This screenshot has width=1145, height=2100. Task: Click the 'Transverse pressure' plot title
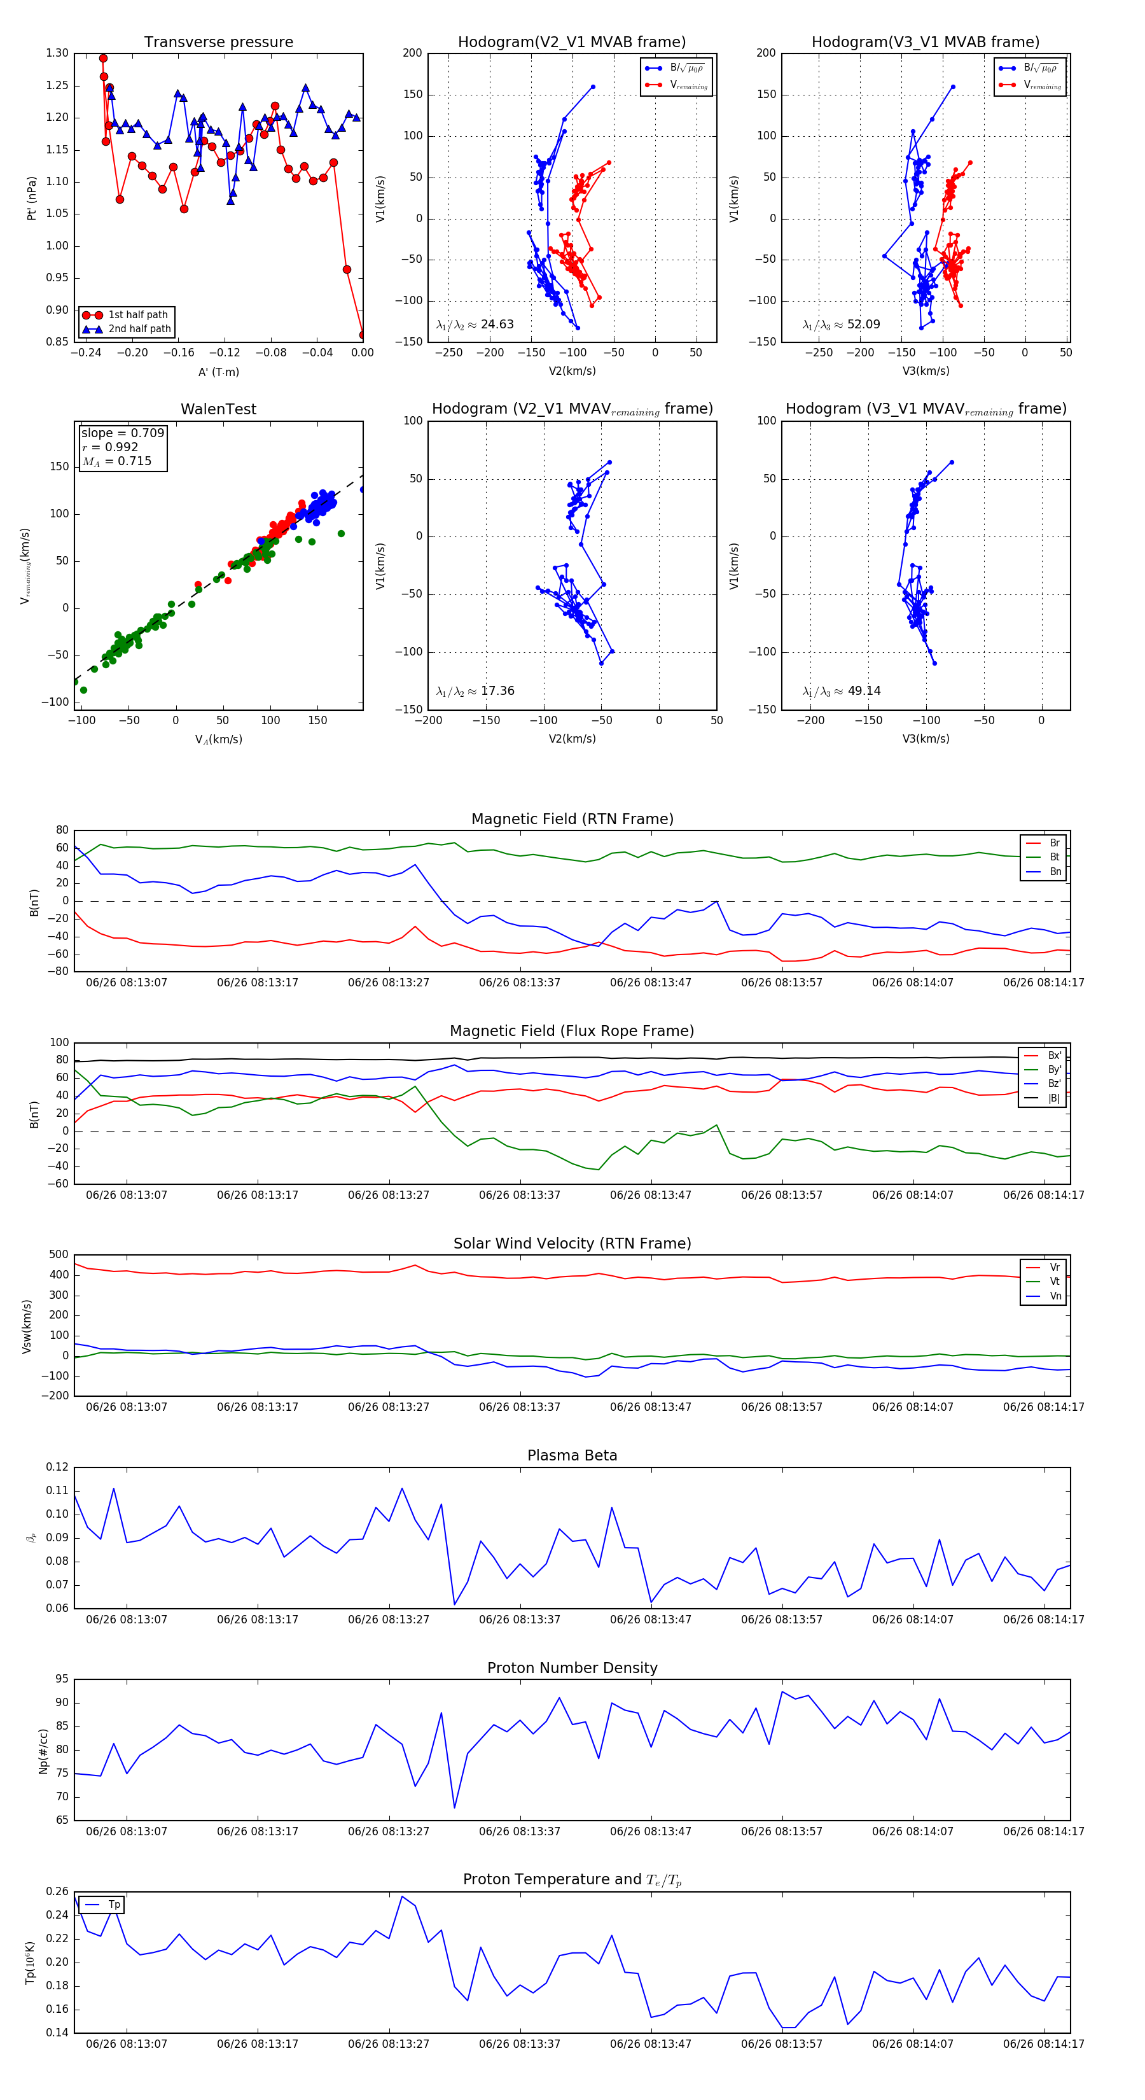coord(218,43)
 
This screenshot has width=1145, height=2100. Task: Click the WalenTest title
coord(218,409)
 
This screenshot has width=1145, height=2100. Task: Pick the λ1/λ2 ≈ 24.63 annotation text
coord(475,325)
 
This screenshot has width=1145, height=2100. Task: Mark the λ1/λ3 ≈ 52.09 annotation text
coord(841,325)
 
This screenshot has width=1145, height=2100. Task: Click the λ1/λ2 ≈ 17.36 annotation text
coord(475,691)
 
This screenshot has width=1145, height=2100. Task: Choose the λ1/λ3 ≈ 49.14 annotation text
coord(841,691)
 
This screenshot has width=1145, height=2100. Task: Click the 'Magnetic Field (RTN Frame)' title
coord(572,819)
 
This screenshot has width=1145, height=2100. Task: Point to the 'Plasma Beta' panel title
coord(572,1456)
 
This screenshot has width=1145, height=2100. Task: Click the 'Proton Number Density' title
coord(572,1668)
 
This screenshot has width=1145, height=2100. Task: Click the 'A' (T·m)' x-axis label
coord(218,372)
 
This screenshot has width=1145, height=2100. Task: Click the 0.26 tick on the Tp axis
coord(57,1891)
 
